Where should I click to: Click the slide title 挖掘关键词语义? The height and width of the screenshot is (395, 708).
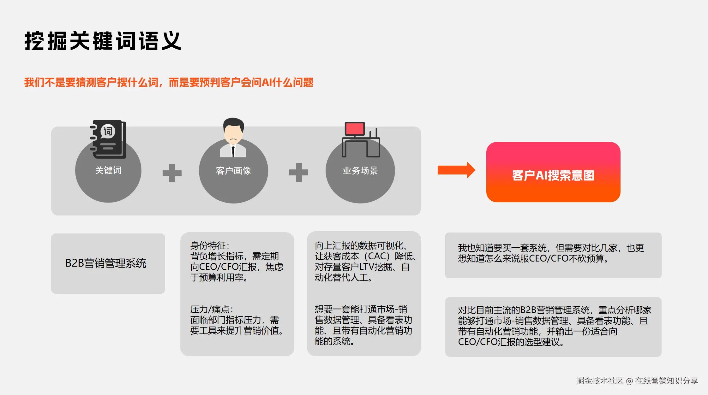coord(103,41)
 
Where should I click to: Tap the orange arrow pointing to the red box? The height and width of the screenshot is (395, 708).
coord(456,170)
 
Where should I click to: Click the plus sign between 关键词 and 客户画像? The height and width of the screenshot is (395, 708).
coord(172,173)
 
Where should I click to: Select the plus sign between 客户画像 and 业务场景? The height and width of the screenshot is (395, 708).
coord(298,172)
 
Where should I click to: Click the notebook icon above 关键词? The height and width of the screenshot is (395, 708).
coord(108,139)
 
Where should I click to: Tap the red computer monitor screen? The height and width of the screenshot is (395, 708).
coord(355,129)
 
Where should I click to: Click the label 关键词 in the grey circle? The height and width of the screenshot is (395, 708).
coord(108,170)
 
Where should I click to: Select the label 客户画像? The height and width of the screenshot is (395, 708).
coord(233,171)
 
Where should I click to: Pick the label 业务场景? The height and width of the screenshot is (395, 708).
coord(360,171)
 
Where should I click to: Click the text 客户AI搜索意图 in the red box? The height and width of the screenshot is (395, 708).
coord(553,175)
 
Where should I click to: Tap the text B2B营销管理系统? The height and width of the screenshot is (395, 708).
coord(106,263)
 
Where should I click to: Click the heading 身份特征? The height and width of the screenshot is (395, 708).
coord(210,245)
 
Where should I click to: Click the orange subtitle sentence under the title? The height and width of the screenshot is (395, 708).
coord(169,82)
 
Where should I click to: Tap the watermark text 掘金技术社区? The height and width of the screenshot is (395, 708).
coord(599,381)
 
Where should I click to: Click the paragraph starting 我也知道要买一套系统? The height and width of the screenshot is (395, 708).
coord(551,253)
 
